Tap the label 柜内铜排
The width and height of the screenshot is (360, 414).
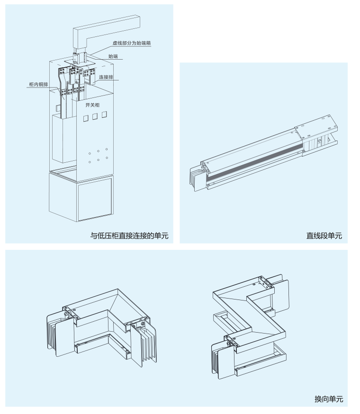tap(38, 84)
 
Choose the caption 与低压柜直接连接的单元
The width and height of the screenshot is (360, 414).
tap(129, 235)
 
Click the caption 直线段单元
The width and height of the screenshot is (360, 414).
tap(324, 235)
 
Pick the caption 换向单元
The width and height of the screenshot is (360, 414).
tap(329, 399)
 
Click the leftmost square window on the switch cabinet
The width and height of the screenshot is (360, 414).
tap(86, 117)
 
